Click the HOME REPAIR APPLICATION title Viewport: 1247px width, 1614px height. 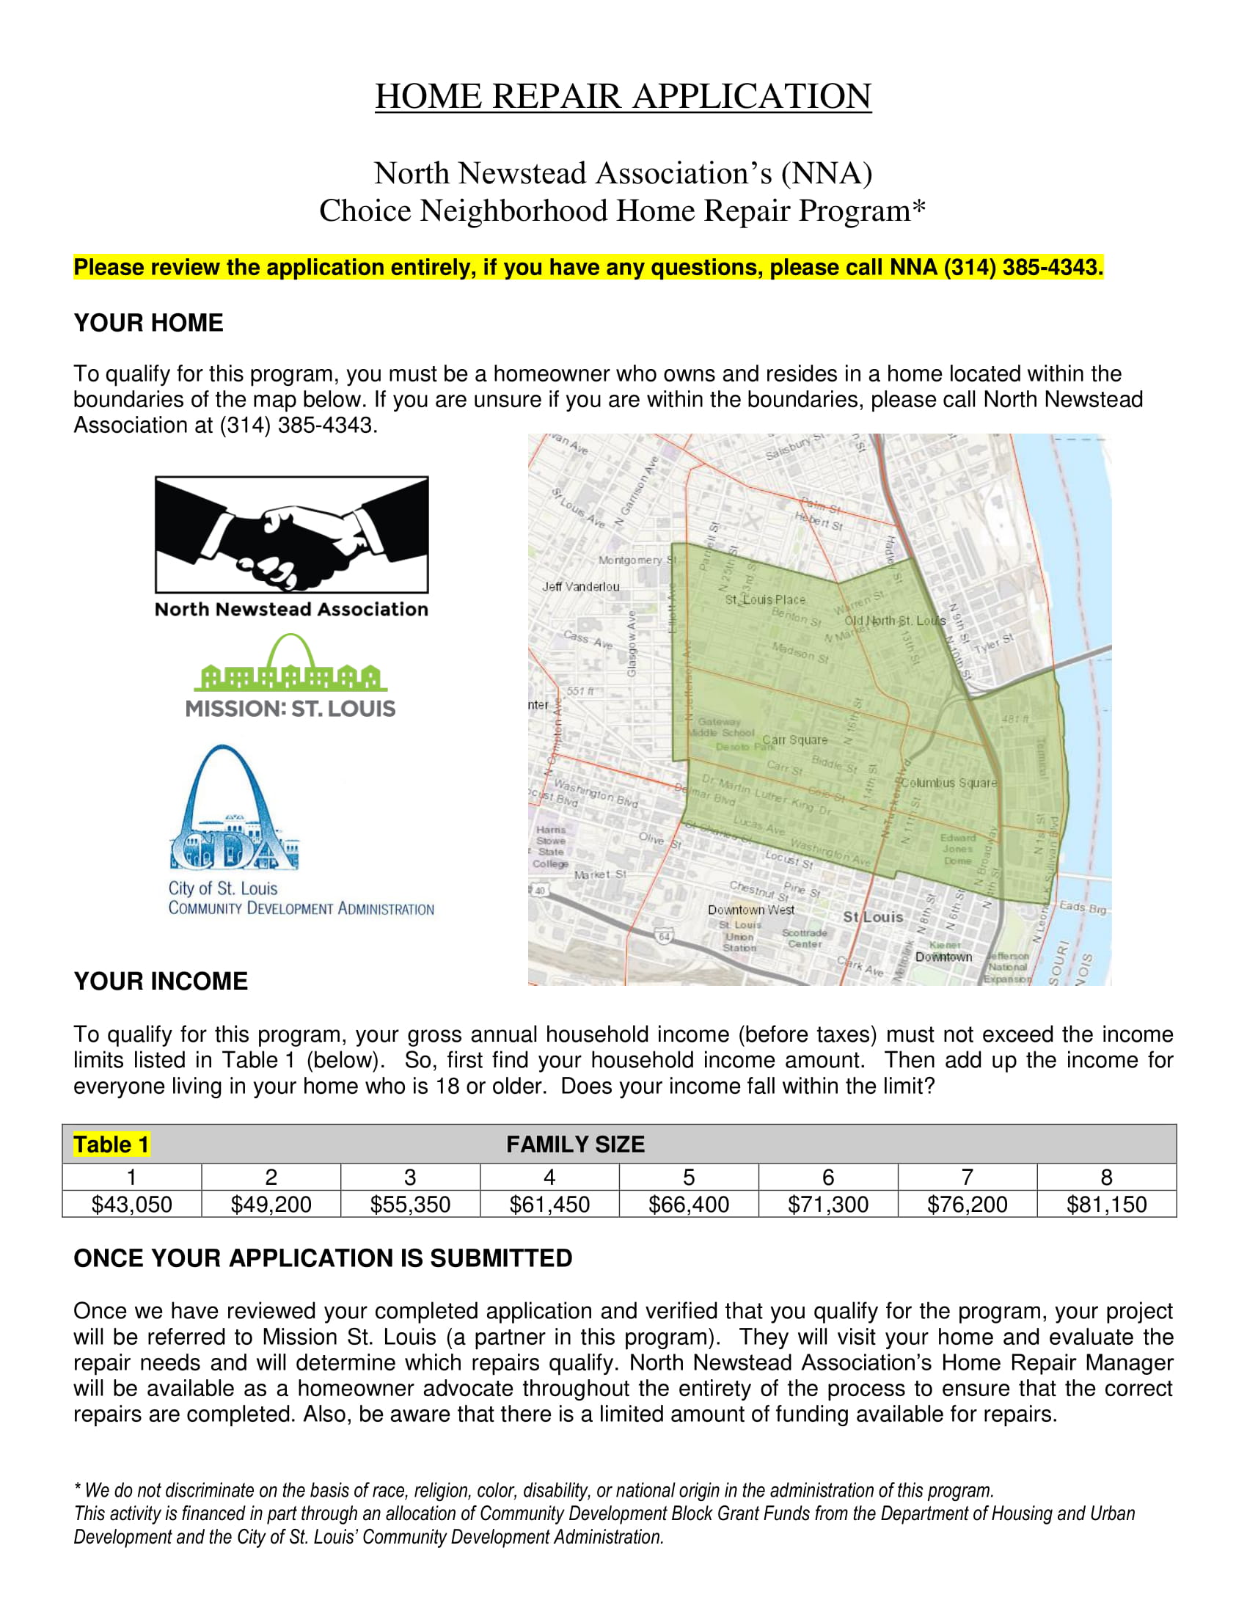tap(623, 96)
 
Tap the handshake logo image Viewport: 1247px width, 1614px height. tap(291, 534)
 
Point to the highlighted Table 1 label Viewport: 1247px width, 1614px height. tap(111, 1144)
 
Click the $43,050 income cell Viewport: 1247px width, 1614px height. tap(131, 1205)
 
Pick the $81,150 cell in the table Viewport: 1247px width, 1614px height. tap(1106, 1205)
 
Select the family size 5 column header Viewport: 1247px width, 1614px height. tap(689, 1177)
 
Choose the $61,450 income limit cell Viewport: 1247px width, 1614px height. tap(549, 1205)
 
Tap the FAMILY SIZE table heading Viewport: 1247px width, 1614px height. tap(575, 1144)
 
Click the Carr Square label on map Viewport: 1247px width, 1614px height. tap(794, 740)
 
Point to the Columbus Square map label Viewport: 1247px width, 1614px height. tap(948, 783)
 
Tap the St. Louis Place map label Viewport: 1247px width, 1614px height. tap(764, 599)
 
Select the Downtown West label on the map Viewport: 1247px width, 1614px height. tap(750, 910)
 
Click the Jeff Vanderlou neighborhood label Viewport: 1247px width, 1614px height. tap(581, 587)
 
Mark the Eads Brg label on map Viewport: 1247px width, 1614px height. tap(1082, 907)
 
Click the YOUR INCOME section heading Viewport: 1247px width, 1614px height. tap(161, 982)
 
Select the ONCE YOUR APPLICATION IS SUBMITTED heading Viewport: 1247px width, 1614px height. tap(323, 1258)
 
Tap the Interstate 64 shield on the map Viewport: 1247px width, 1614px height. tap(664, 937)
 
